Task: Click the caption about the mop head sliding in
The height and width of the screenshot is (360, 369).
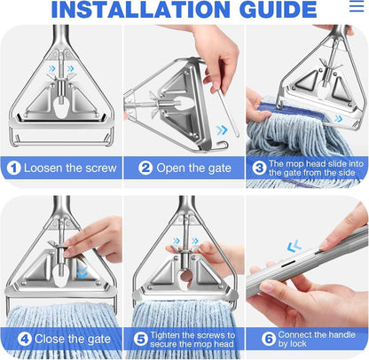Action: pyautogui.click(x=316, y=168)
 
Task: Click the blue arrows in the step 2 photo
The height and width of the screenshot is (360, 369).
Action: pyautogui.click(x=220, y=129)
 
